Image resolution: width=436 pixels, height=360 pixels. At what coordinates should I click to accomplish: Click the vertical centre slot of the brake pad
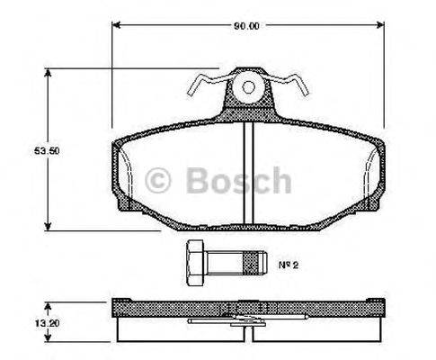[248, 171]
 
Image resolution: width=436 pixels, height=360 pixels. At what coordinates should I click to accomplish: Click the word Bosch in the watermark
[237, 182]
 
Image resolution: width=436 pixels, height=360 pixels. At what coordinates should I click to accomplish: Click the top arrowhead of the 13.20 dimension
[48, 301]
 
